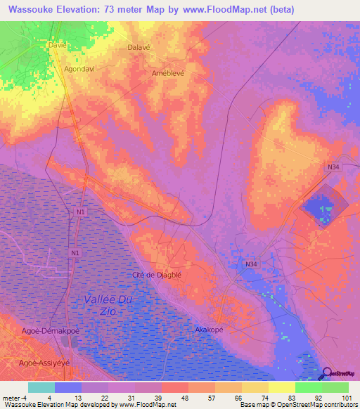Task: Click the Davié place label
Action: click(x=56, y=44)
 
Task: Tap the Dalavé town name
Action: click(x=139, y=47)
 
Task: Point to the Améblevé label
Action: click(x=169, y=73)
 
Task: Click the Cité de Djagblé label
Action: click(x=157, y=275)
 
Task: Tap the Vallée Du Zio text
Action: click(x=108, y=304)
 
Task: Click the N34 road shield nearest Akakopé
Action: click(x=251, y=264)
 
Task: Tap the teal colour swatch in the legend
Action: click(x=41, y=387)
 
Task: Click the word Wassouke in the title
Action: click(x=38, y=10)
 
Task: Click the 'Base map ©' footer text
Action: click(x=261, y=405)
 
